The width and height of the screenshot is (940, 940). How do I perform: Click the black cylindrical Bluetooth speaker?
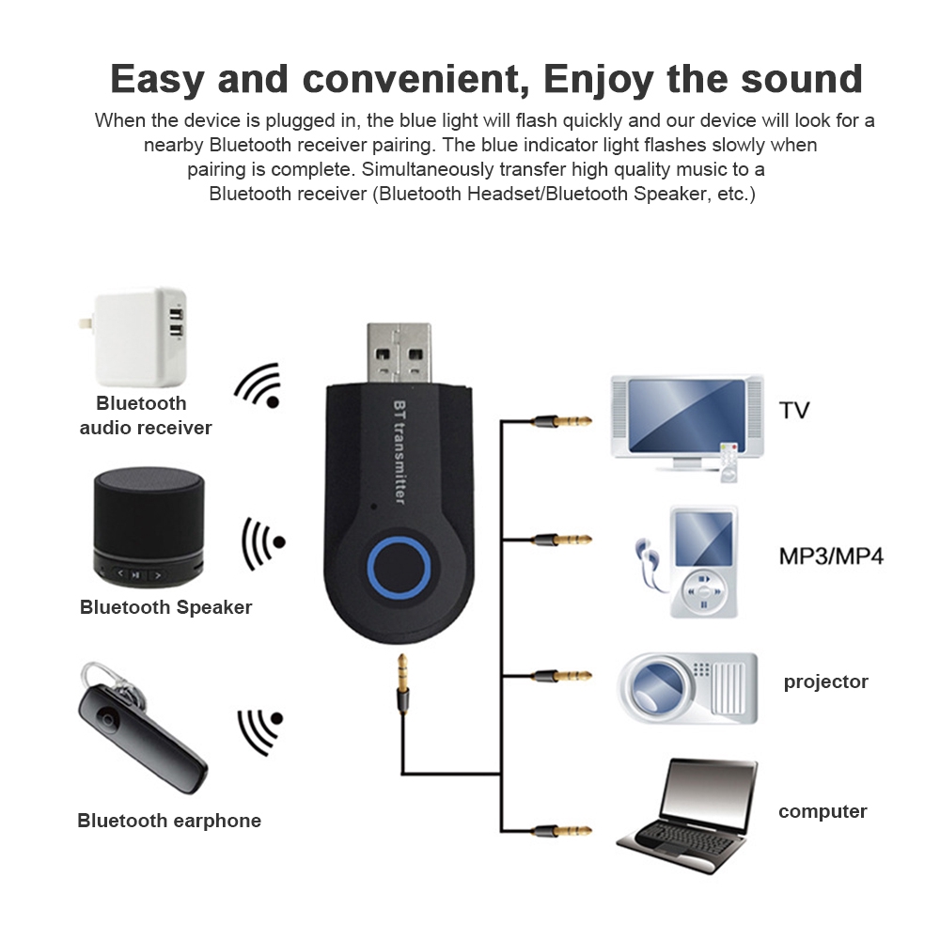148,527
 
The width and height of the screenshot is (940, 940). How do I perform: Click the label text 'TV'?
793,411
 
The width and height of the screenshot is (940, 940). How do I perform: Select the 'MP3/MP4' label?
831,556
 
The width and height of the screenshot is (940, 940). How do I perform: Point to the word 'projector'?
825,681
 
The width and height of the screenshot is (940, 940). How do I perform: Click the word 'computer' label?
822,811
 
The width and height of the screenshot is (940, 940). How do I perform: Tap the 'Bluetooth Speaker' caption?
165,607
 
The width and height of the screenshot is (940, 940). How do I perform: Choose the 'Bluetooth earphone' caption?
169,821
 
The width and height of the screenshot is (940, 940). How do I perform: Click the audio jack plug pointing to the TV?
561,421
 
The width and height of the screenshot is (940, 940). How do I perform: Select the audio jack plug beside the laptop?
561,830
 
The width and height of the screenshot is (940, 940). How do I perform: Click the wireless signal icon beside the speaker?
262,542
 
